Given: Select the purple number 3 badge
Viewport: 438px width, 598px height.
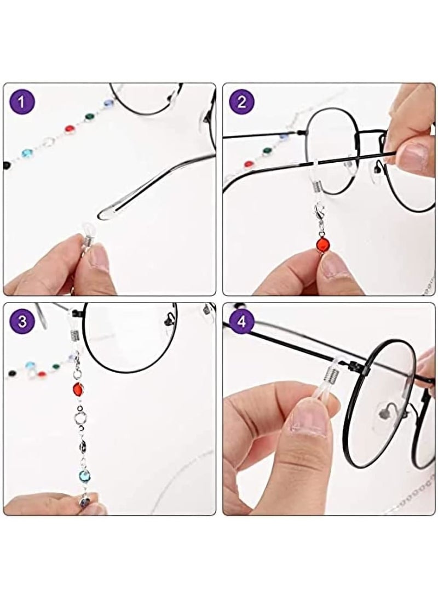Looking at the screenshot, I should [22, 321].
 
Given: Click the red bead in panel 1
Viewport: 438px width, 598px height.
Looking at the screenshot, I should [70, 129].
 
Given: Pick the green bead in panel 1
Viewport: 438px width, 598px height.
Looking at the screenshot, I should [89, 117].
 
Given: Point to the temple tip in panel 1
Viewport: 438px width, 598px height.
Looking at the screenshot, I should [109, 212].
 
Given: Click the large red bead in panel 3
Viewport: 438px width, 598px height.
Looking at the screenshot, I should [77, 390].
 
